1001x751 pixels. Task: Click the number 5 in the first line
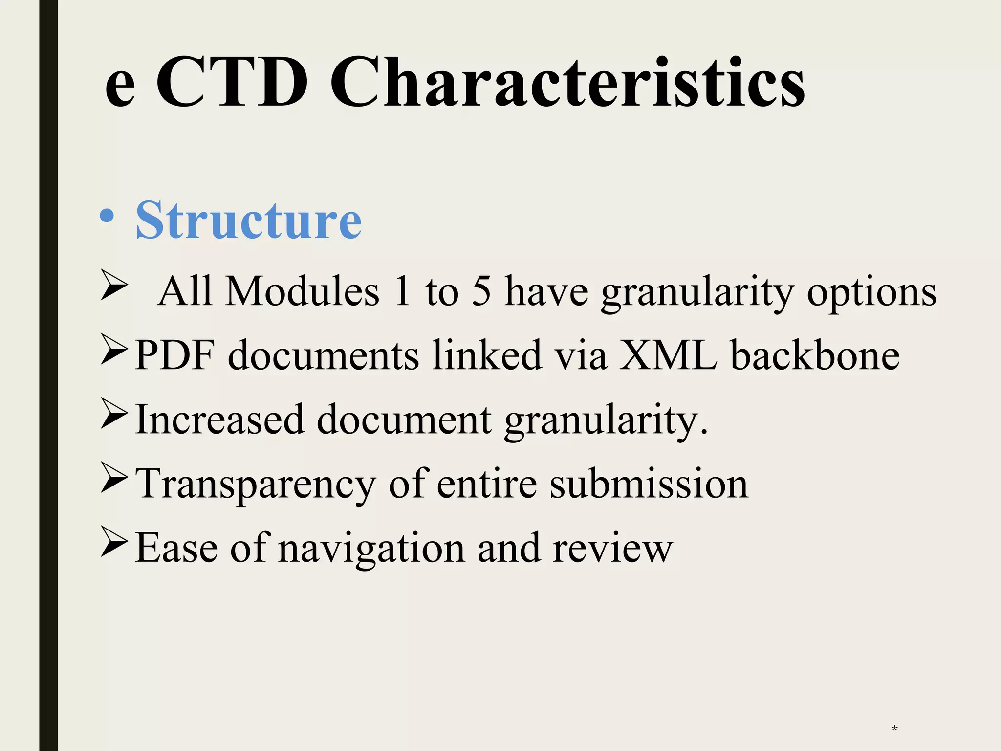pos(481,291)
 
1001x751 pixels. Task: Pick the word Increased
pos(219,419)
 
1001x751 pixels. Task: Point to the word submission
pos(649,484)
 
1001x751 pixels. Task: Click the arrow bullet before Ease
pos(114,541)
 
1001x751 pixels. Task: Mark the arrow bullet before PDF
pos(114,349)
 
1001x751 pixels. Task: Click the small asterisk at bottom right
pos(894,729)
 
